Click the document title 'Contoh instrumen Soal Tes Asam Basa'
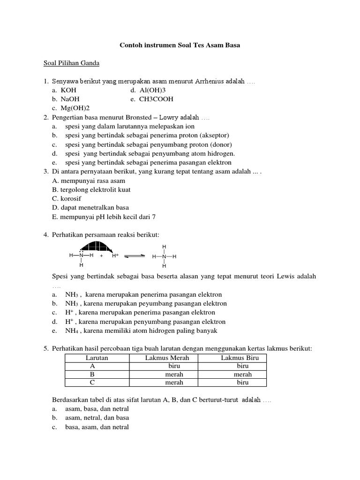pos(180,45)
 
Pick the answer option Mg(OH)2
pos(75,108)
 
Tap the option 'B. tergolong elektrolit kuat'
pos(91,189)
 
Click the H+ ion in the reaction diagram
pos(115,256)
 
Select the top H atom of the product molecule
pos(164,246)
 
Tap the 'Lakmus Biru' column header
pos(237,358)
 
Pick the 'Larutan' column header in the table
pos(97,358)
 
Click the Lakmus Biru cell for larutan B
pos(242,374)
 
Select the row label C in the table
pos(92,382)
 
